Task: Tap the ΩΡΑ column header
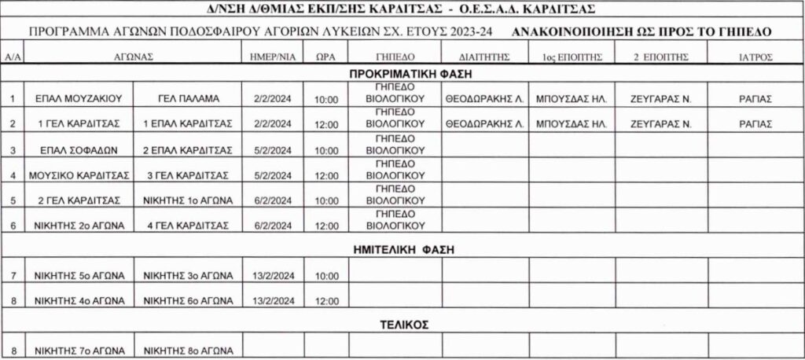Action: (325, 57)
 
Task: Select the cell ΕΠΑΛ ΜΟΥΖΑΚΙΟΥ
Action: (76, 100)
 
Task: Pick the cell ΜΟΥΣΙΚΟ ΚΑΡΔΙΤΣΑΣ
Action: (76, 174)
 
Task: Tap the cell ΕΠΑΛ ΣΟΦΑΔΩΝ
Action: (76, 149)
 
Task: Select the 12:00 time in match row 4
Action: (325, 174)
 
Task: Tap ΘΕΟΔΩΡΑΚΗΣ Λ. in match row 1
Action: (484, 100)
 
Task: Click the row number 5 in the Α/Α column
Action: (13, 199)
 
